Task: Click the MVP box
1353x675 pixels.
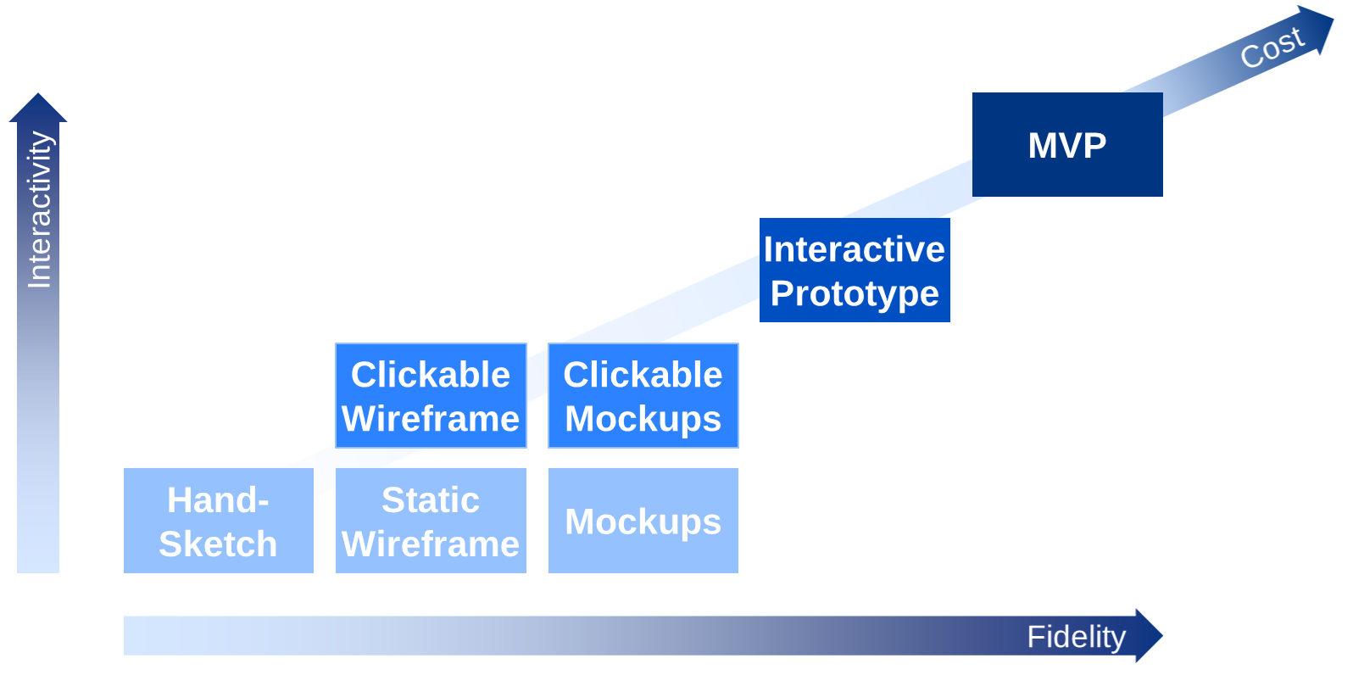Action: [1066, 145]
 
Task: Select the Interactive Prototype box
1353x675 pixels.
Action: [855, 271]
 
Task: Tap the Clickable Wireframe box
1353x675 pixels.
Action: [431, 395]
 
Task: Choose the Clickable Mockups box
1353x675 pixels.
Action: [643, 395]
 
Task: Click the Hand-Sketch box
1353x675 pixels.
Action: [218, 521]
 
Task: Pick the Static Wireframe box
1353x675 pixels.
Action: [431, 521]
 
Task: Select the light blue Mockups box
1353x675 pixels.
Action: [643, 521]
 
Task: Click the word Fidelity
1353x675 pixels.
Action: [1076, 637]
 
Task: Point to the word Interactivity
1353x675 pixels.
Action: [39, 209]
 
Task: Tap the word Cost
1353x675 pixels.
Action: [1272, 47]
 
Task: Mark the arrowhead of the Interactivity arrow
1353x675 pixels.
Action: [38, 109]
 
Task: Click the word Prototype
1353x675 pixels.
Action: [855, 293]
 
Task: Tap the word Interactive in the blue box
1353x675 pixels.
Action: [855, 249]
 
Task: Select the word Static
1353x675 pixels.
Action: [431, 500]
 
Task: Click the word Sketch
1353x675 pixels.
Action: [218, 544]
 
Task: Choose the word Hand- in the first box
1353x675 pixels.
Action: [218, 500]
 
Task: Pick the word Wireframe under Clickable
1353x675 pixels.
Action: [431, 419]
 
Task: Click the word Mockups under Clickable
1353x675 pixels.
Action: [643, 419]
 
